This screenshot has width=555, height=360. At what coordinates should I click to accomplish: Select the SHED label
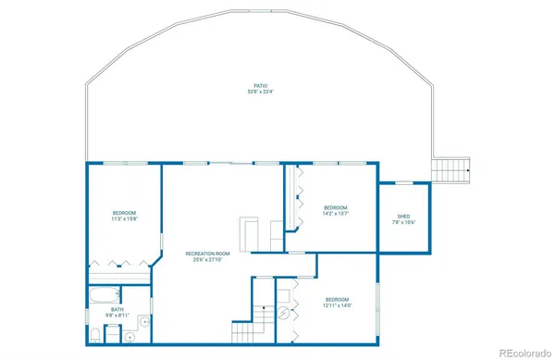404,215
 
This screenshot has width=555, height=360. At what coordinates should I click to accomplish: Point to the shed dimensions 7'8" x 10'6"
404,222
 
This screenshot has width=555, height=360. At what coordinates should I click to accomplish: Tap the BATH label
117,309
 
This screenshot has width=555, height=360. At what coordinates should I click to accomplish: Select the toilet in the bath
95,335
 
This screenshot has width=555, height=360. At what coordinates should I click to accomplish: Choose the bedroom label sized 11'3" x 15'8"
124,212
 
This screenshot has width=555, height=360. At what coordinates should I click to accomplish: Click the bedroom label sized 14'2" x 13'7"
335,206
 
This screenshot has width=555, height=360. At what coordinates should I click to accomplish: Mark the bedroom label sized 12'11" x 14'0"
337,299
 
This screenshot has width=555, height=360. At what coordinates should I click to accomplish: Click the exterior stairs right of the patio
452,170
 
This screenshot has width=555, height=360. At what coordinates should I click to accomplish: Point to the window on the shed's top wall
404,183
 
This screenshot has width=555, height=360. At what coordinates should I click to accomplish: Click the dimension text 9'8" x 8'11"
117,317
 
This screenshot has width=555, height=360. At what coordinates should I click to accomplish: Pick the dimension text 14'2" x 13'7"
335,214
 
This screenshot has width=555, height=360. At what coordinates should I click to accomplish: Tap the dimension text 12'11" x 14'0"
337,306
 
